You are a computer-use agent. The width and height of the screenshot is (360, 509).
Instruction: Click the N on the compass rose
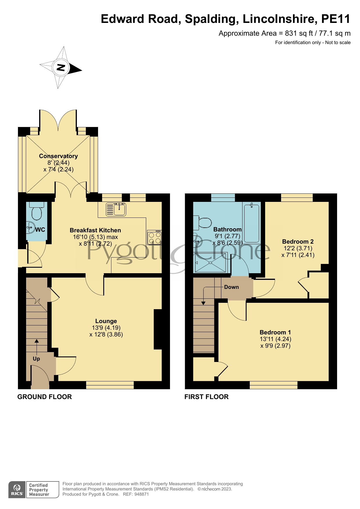[x=61, y=68]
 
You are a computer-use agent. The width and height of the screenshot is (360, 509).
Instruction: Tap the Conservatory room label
[x=58, y=156]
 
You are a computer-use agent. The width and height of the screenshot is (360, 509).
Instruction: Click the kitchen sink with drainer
[x=116, y=209]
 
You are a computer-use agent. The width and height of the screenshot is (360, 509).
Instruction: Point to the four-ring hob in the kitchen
[x=154, y=238]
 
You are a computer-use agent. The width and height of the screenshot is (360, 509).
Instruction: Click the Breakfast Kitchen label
[x=95, y=230]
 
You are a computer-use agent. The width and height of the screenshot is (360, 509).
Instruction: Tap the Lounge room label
[x=106, y=321]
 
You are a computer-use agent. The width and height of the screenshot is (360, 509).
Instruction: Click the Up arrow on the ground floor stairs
[x=37, y=345]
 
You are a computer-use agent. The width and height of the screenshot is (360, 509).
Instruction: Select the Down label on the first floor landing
[x=231, y=287]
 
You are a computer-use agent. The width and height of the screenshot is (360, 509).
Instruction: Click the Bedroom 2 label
[x=298, y=242]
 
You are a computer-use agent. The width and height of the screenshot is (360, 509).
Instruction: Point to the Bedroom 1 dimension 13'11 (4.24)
[x=275, y=339]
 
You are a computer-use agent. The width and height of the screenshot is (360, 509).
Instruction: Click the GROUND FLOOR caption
[x=45, y=397]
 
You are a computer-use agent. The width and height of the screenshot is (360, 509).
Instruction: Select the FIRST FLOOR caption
[x=207, y=397]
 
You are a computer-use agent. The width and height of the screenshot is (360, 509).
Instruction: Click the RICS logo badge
[x=17, y=490]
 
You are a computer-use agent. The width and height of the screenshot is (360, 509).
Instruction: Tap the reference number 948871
[x=141, y=494]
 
